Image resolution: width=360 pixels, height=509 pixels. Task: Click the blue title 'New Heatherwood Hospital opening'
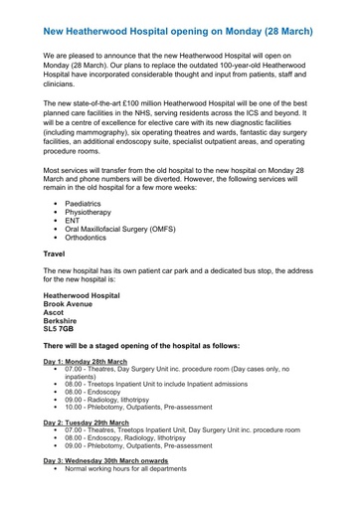(179, 17)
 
